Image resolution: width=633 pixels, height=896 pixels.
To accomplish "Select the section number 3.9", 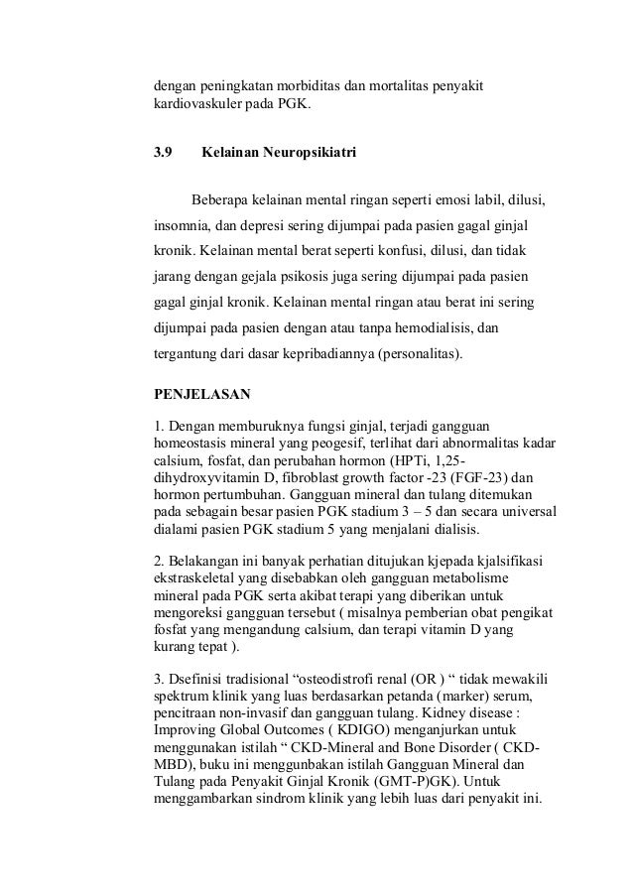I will click(x=162, y=154).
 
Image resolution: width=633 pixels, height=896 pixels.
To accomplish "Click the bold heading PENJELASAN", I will click(x=200, y=393).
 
